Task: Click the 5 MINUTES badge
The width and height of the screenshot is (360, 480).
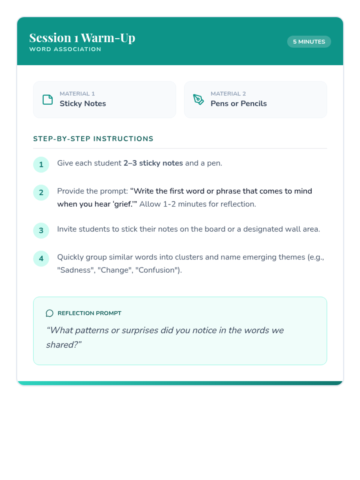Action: (x=309, y=42)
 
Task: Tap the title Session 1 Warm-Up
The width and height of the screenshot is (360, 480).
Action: (x=82, y=38)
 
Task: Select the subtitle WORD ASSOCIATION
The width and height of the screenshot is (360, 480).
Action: (x=65, y=49)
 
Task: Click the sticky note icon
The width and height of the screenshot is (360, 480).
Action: (x=48, y=100)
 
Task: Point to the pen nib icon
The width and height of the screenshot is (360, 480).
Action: (x=198, y=99)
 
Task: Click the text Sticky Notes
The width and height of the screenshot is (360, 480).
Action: (x=82, y=103)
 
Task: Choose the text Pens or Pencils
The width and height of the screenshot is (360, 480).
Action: (x=238, y=103)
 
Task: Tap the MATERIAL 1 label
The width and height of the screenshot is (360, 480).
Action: (x=77, y=94)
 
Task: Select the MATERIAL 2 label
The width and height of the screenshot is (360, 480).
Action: (x=228, y=94)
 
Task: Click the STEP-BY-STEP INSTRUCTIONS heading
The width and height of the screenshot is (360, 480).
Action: (x=93, y=139)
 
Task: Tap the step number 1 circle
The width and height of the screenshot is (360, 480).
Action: (x=41, y=164)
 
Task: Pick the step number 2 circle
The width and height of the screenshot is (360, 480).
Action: (x=41, y=192)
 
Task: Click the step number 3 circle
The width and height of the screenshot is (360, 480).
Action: (x=41, y=230)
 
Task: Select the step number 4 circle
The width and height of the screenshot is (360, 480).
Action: (x=41, y=258)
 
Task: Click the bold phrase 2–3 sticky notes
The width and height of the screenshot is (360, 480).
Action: (x=153, y=163)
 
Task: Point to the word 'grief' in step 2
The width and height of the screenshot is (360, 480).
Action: (x=123, y=204)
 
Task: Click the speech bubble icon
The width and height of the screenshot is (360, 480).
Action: (x=49, y=313)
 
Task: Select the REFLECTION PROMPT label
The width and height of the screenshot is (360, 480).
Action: (x=89, y=313)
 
